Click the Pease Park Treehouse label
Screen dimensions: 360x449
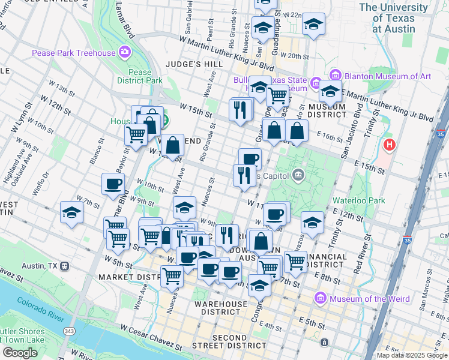(74, 53)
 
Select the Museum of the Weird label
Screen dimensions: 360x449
(370, 299)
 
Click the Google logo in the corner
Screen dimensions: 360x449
(20, 352)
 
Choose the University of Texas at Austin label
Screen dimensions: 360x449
(394, 18)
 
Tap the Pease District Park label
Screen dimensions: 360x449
(140, 76)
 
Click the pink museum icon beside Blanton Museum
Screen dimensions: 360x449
(335, 76)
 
